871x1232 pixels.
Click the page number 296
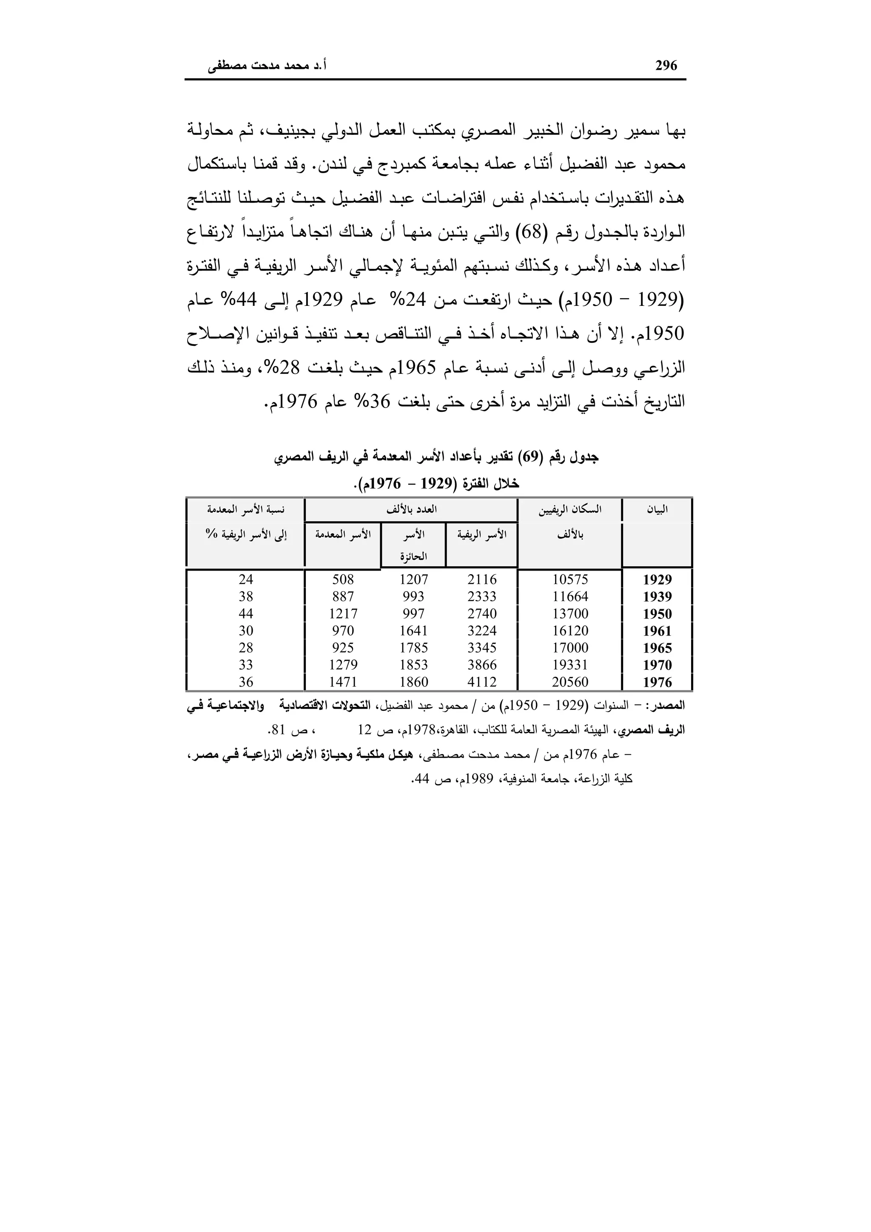tap(666, 66)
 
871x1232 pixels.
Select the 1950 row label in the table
tap(657, 614)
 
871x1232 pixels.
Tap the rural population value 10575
tap(570, 579)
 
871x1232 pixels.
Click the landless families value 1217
tap(343, 614)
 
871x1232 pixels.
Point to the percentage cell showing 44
tap(246, 614)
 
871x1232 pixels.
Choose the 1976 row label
tap(657, 682)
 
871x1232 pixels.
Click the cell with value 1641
tap(413, 631)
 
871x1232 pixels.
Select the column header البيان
tap(657, 510)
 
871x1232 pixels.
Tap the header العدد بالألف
tap(411, 510)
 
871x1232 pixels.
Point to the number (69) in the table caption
tap(533, 457)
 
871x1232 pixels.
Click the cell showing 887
tap(343, 597)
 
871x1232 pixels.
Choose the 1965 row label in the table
tap(657, 648)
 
